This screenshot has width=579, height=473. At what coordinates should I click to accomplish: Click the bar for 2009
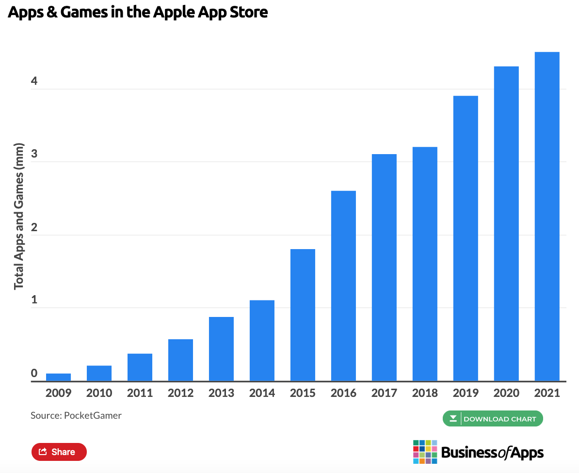point(58,377)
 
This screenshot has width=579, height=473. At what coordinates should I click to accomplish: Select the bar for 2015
point(303,315)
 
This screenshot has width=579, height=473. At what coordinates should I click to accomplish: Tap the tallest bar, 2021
point(547,216)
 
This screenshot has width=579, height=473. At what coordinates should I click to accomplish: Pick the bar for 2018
point(425,264)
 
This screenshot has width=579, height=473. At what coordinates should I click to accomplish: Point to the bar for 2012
point(180,360)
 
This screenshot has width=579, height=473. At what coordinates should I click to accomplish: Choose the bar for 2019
point(466,238)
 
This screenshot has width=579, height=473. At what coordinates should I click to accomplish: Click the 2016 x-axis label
point(343,393)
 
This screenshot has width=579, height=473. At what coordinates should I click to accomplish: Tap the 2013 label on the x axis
point(221,393)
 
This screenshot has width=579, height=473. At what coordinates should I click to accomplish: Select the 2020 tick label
point(506,393)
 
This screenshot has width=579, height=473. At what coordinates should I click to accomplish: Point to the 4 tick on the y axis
point(34,81)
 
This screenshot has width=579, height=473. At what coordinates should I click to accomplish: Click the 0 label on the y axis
point(34,373)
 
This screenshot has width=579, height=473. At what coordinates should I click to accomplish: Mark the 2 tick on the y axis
point(34,227)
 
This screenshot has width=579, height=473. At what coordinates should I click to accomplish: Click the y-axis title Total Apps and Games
point(18,216)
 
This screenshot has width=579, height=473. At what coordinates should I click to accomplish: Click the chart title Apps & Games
point(138,12)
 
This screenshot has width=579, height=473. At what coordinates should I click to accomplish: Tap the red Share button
point(59,452)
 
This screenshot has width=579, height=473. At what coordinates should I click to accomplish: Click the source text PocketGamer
point(76,415)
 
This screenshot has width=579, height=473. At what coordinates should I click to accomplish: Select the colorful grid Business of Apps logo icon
point(425,452)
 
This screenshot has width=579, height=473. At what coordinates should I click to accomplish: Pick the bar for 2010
point(99,373)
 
